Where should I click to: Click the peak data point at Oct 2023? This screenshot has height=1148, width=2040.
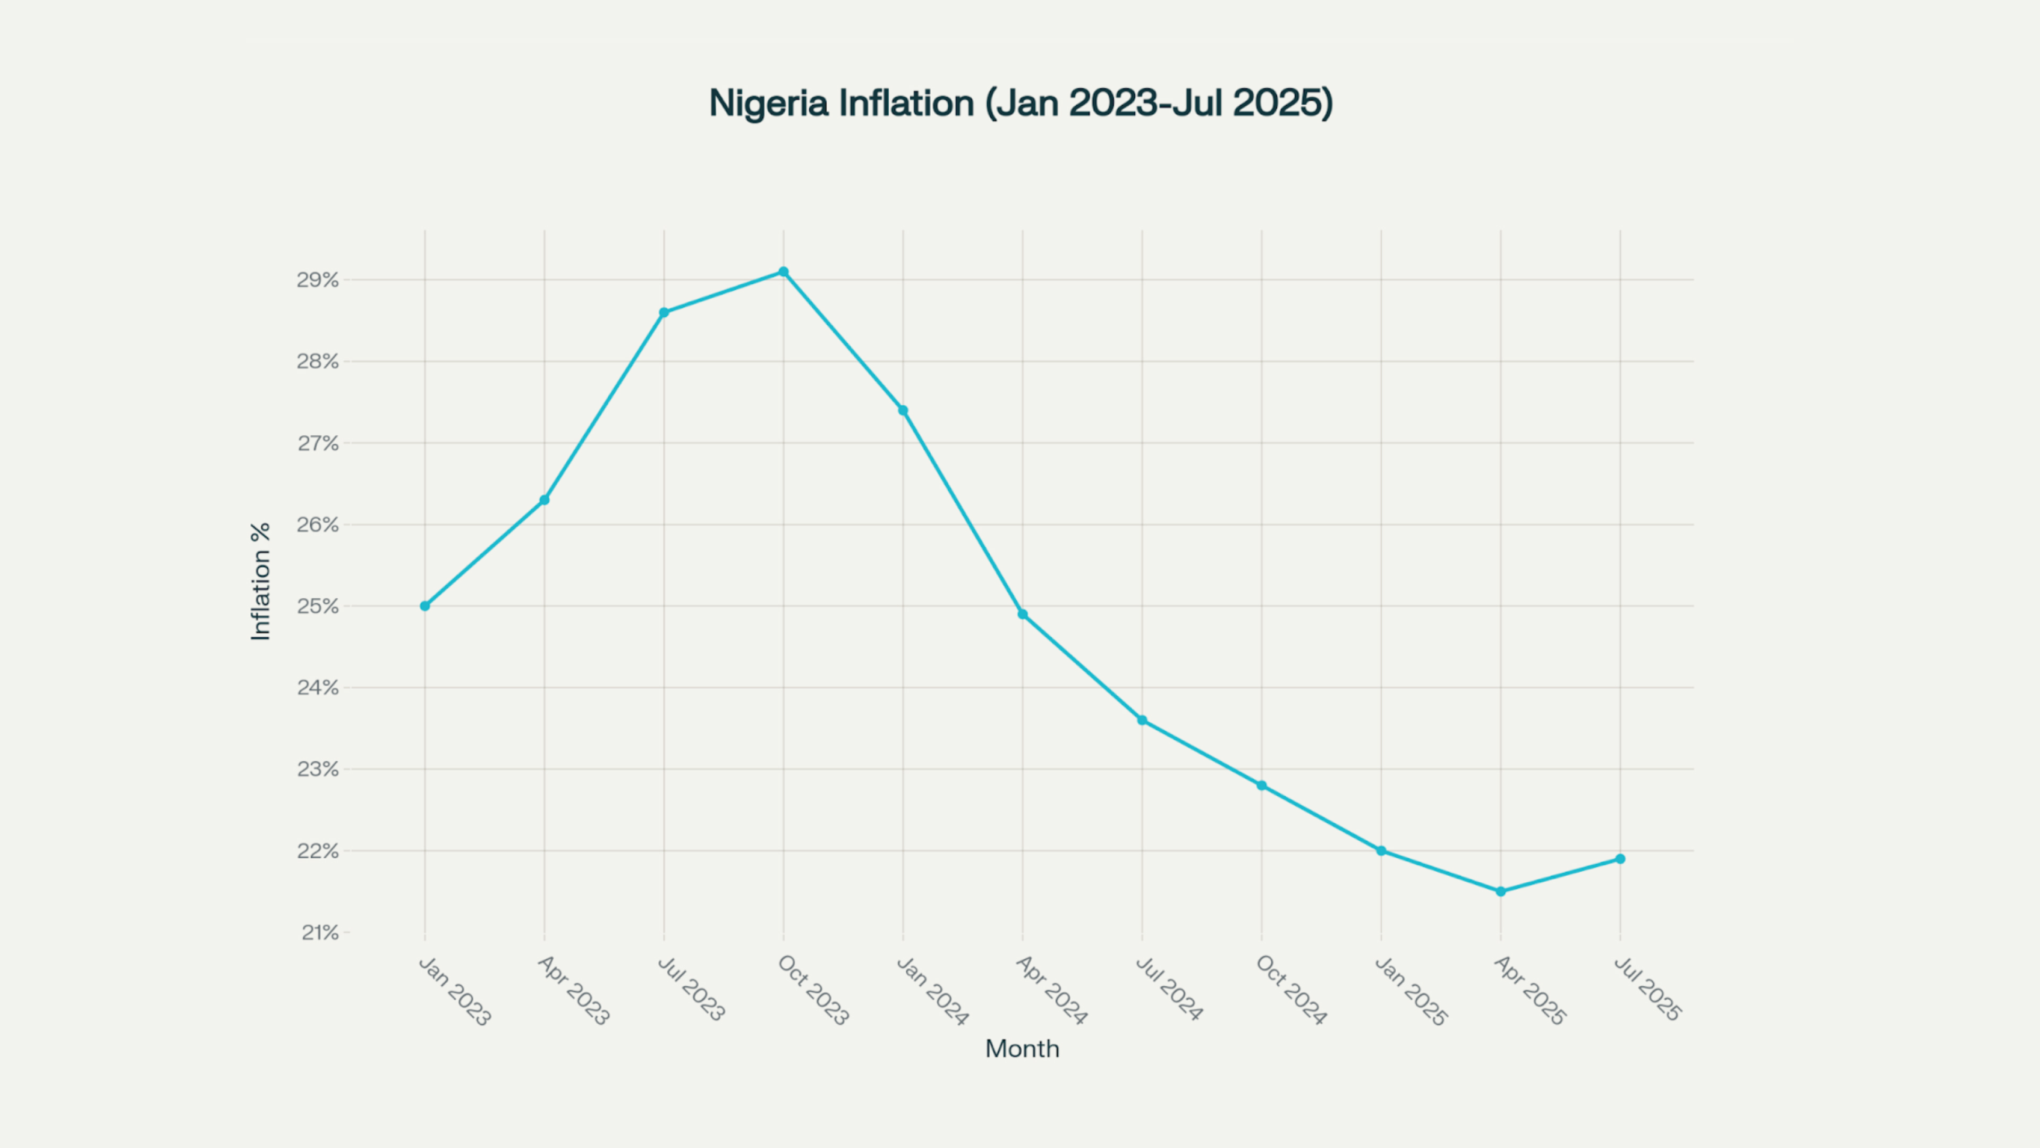click(783, 272)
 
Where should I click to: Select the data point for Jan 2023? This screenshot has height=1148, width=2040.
click(425, 606)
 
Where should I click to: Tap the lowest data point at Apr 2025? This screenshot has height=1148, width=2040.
click(1501, 891)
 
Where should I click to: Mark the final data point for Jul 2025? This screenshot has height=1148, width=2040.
click(1620, 859)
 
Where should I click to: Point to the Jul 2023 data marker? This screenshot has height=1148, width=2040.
click(664, 312)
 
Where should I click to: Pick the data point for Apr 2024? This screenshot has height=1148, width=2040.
click(1022, 614)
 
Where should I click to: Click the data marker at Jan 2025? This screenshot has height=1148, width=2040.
click(1381, 851)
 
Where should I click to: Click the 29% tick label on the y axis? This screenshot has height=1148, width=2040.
click(318, 280)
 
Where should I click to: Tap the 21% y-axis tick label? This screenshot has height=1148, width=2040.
click(319, 933)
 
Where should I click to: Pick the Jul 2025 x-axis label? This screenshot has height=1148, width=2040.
click(1648, 989)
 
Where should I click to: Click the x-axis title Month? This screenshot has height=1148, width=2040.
click(1022, 1049)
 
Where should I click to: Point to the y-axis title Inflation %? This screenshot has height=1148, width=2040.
click(260, 581)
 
